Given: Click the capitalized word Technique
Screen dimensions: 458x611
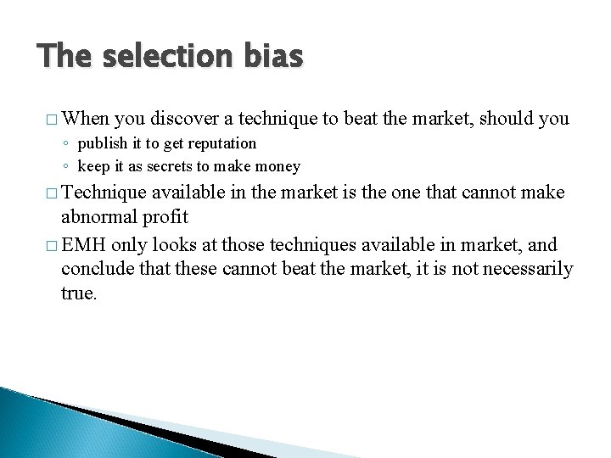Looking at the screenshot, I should pos(104,193).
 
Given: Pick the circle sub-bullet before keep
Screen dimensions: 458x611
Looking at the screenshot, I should pos(67,167).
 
